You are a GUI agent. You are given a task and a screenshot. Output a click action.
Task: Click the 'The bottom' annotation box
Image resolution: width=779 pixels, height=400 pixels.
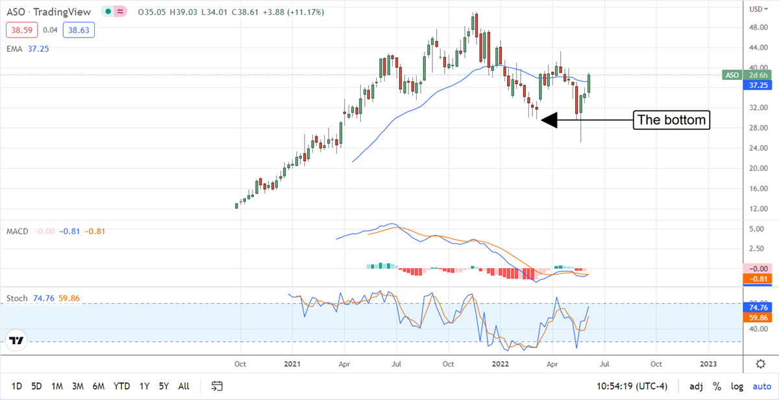click(671, 120)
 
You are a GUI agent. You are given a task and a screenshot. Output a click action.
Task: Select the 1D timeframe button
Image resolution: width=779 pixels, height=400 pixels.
click(17, 386)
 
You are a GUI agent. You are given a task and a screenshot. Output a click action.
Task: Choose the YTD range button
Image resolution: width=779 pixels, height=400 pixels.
click(121, 386)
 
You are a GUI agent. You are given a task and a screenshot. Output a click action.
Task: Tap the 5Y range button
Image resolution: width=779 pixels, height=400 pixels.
click(165, 386)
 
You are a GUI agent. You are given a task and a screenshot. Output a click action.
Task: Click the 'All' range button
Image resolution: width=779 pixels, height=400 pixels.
click(184, 386)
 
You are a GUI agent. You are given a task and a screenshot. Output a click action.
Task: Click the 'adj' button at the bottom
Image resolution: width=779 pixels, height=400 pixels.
click(696, 386)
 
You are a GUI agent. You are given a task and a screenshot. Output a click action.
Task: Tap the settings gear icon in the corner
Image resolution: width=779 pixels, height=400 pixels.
click(760, 364)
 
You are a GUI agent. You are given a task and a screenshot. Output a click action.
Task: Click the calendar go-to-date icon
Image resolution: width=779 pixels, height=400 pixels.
click(217, 386)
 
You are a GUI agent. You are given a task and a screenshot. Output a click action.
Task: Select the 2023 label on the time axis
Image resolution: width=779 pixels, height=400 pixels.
click(709, 364)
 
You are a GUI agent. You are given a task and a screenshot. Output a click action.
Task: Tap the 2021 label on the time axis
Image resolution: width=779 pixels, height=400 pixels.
click(292, 364)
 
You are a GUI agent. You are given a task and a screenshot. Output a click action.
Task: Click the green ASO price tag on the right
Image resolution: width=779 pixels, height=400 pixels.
click(731, 75)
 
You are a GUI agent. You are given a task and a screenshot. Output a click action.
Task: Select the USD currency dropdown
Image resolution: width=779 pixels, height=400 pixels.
click(756, 9)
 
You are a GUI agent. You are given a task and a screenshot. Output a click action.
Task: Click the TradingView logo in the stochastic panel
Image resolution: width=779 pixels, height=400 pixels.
click(17, 340)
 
